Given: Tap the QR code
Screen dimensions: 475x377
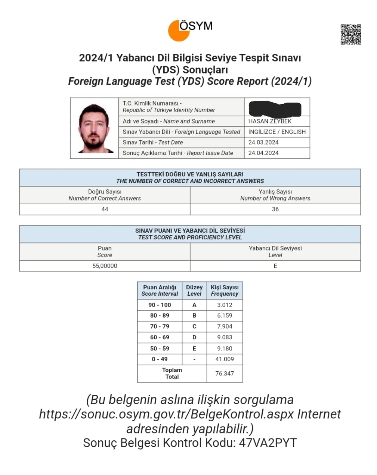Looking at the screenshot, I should (350, 34).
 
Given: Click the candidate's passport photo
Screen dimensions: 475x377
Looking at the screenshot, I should (94, 128).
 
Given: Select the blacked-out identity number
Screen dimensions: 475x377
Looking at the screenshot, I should (275, 108).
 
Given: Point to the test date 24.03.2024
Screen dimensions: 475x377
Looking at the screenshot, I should (263, 142).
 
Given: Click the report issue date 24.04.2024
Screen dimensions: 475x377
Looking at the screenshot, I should (263, 153).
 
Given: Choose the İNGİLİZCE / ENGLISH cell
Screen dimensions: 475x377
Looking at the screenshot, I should (277, 132).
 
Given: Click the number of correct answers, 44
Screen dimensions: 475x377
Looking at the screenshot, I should (105, 209).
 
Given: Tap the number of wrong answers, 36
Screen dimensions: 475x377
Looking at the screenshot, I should (275, 209).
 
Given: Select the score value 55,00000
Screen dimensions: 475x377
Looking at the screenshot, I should (105, 266).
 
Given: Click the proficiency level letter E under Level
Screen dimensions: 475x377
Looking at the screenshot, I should (275, 266).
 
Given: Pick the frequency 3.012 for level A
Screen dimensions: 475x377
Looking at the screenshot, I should (225, 305).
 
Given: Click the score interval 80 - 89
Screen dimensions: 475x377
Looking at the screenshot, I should (160, 315).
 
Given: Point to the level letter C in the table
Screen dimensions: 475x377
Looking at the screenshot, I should (194, 326).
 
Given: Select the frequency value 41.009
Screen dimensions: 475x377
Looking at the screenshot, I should (225, 359).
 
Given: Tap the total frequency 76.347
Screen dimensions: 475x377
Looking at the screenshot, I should (225, 373).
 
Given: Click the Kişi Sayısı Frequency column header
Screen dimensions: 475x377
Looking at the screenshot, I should (225, 290).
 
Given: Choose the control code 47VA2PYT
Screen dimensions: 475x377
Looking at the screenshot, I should (268, 443).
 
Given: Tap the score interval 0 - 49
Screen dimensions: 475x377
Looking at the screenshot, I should (160, 359).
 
